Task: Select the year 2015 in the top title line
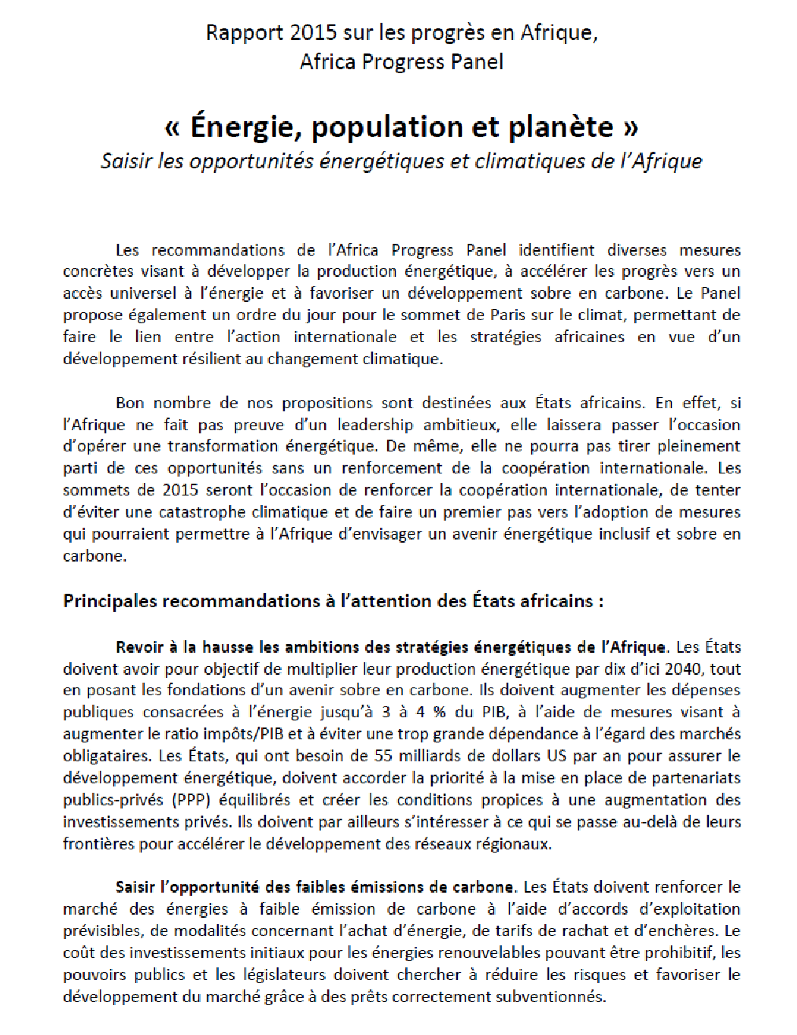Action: coord(313,33)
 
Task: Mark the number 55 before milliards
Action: coord(383,756)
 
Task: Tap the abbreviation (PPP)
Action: coord(191,800)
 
